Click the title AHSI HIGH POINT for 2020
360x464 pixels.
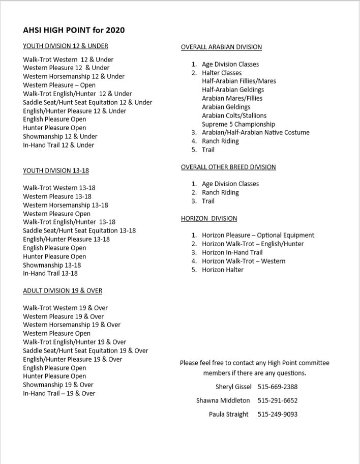[74, 30]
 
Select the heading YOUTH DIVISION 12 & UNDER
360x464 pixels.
[66, 46]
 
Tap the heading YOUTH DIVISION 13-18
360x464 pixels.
[56, 170]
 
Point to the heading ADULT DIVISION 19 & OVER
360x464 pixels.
[63, 291]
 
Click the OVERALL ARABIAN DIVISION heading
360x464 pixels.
[221, 47]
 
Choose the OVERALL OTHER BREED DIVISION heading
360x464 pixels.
[228, 167]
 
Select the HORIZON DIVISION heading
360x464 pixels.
[209, 218]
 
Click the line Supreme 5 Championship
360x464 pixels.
[238, 124]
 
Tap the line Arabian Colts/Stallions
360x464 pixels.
[234, 115]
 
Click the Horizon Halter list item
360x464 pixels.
[222, 270]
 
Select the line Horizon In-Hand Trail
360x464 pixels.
[232, 252]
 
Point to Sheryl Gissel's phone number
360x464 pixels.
[278, 387]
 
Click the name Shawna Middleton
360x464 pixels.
[223, 400]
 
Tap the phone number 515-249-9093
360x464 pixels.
[278, 414]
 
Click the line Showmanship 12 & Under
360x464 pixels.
[60, 136]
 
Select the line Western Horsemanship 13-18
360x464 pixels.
[66, 205]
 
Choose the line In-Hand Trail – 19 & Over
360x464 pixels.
[59, 393]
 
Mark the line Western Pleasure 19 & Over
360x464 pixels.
[64, 316]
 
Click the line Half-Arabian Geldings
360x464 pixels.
[233, 90]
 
